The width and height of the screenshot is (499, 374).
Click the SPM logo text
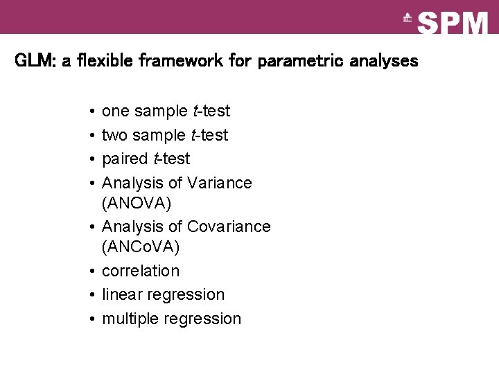[453, 23]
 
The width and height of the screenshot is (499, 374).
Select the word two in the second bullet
[115, 135]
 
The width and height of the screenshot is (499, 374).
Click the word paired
[125, 159]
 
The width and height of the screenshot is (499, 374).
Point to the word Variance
[220, 183]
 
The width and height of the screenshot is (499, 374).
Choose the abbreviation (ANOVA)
[136, 204]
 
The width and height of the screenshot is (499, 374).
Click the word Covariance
[229, 226]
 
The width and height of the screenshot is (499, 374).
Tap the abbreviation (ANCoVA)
[141, 247]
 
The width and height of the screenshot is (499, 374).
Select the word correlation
[141, 271]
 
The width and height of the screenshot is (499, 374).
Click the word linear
[121, 294]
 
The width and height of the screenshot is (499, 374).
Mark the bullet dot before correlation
[91, 271]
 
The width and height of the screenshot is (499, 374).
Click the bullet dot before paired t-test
[91, 159]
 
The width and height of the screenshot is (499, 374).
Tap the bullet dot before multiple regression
[91, 319]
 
